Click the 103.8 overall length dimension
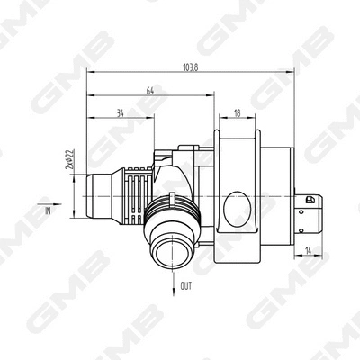pyautogui.click(x=191, y=67)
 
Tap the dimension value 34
pyautogui.click(x=121, y=113)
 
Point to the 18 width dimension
pyautogui.click(x=237, y=113)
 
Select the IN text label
pyautogui.click(x=47, y=210)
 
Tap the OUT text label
pyautogui.click(x=185, y=285)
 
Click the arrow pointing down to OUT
pyautogui.click(x=172, y=281)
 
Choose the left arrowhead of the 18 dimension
pyautogui.click(x=218, y=119)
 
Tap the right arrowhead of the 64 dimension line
pyautogui.click(x=212, y=95)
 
